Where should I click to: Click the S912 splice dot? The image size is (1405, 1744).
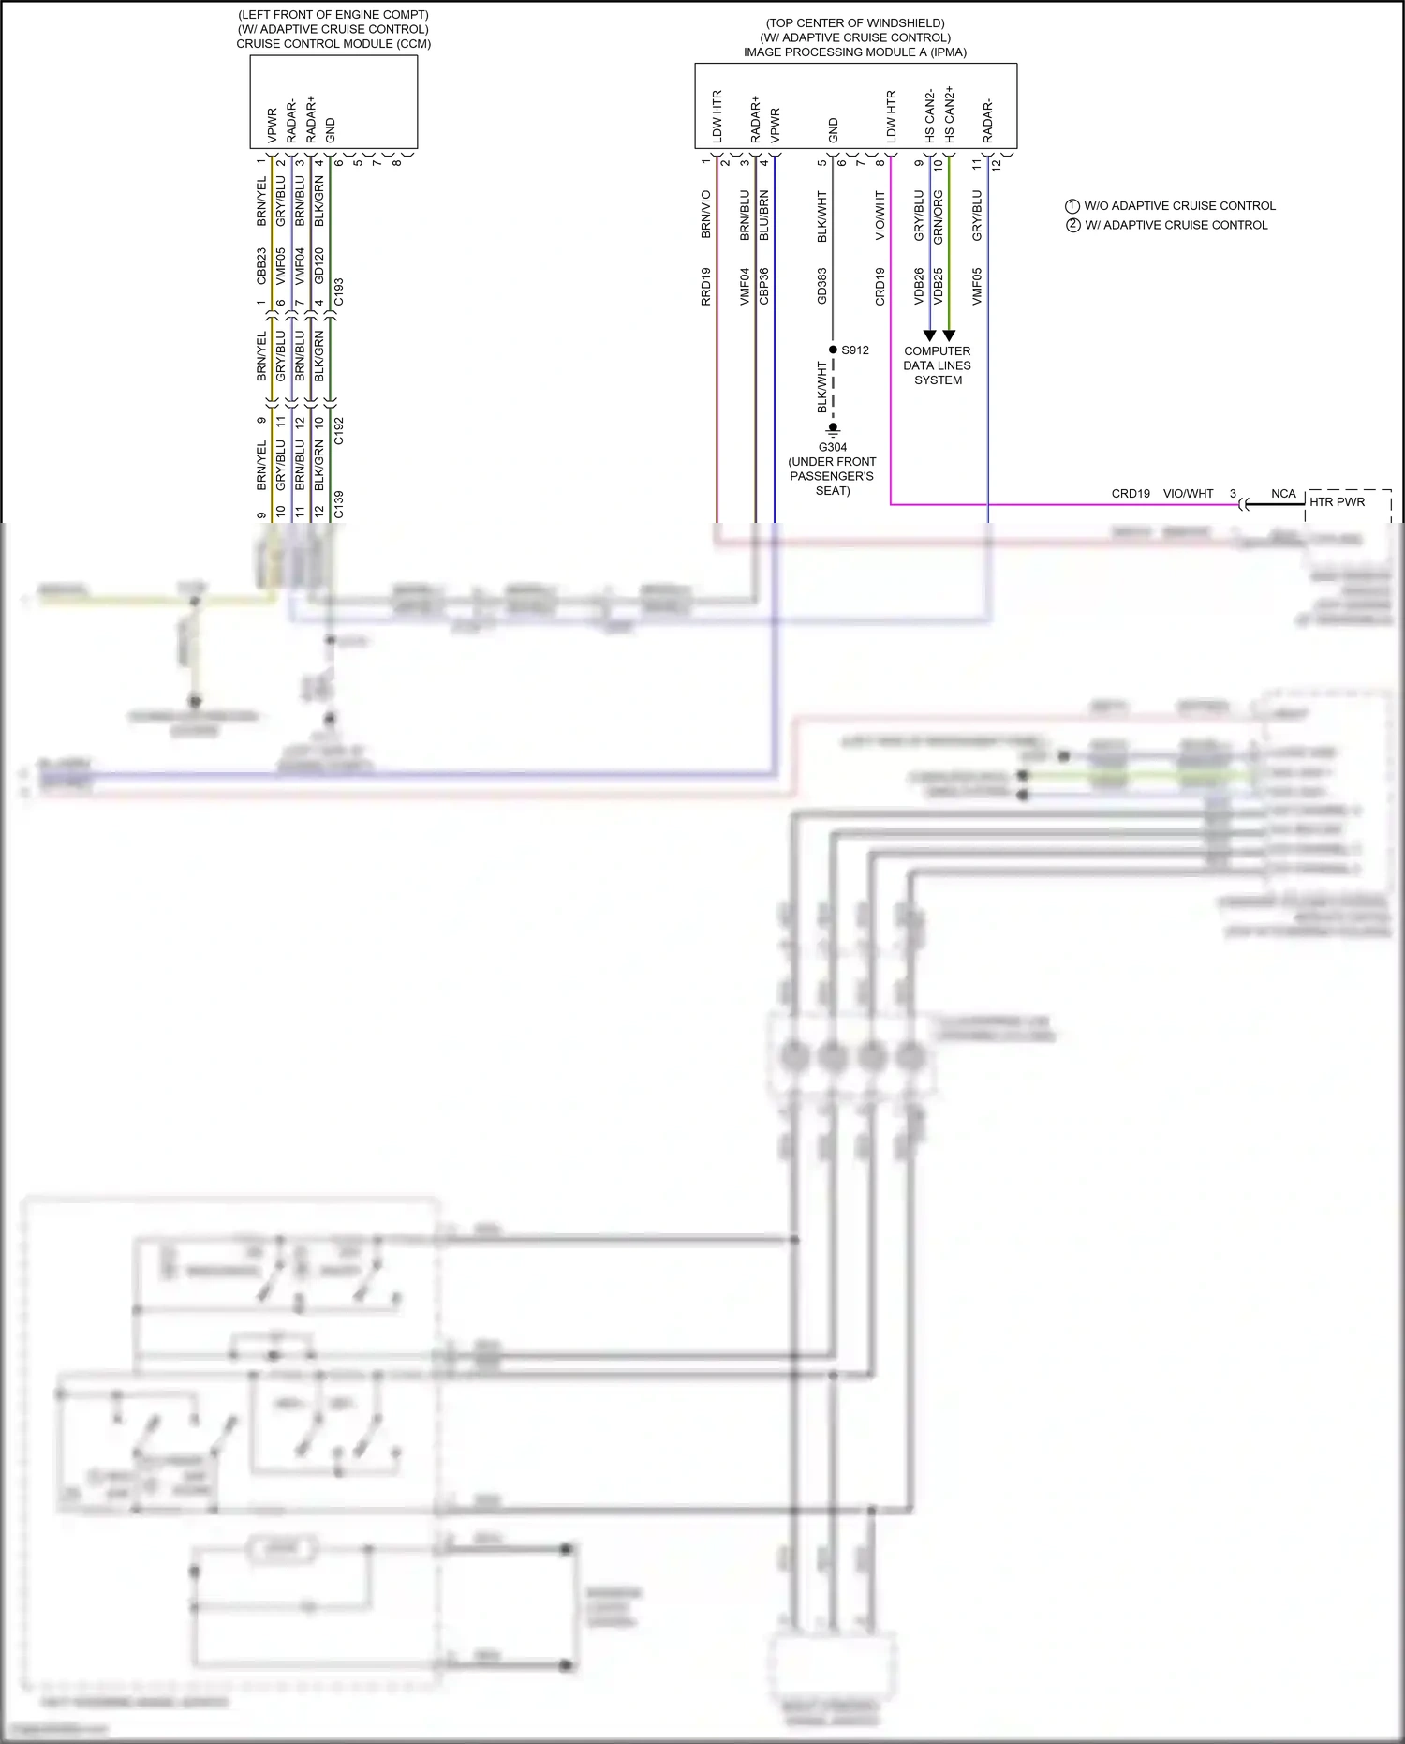point(833,350)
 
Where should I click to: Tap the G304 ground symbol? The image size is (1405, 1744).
point(833,431)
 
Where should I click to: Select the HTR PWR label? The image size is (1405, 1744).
point(1337,502)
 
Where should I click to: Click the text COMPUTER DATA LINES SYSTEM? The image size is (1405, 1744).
point(938,365)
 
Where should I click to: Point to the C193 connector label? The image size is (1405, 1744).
point(339,291)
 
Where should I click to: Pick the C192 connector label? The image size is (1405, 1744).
point(339,431)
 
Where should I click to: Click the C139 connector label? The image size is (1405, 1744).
point(339,504)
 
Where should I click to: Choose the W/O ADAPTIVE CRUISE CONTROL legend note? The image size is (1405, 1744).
point(1179,206)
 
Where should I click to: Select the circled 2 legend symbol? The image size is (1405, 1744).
point(1073,225)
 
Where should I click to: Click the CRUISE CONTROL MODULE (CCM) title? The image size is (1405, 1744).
point(333,44)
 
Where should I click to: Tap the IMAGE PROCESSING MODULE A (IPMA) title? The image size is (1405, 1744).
point(855,52)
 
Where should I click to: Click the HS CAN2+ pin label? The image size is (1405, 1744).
point(950,114)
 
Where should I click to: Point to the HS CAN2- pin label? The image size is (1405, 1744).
point(930,116)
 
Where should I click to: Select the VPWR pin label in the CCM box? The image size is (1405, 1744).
point(272,126)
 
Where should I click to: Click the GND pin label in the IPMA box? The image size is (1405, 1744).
point(834,130)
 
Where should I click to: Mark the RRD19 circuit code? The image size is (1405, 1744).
point(706,287)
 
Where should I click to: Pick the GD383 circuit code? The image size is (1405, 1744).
point(822,287)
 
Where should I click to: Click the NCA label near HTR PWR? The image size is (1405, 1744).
point(1283,494)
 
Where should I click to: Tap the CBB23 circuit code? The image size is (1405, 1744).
point(261,266)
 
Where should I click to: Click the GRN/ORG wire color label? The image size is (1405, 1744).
point(939,217)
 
